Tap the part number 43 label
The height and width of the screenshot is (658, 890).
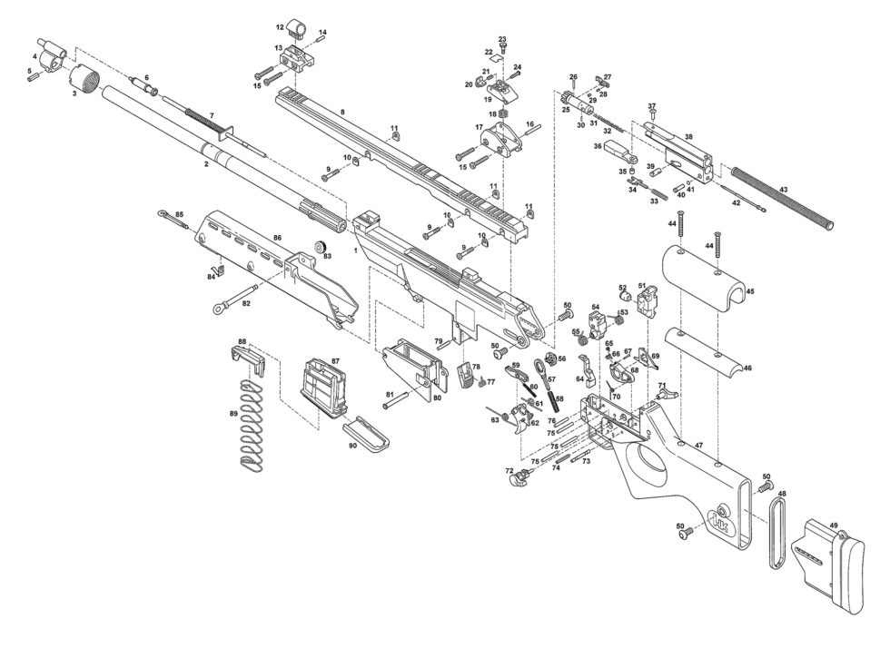pyautogui.click(x=783, y=190)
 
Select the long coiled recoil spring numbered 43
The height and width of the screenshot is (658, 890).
pyautogui.click(x=783, y=199)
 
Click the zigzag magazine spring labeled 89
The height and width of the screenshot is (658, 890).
pyautogui.click(x=250, y=424)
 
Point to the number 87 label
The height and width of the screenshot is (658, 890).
pyautogui.click(x=335, y=361)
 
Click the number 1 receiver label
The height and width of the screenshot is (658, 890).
pyautogui.click(x=355, y=250)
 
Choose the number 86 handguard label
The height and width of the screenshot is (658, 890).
pyautogui.click(x=277, y=238)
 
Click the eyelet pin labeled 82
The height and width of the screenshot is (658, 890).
pyautogui.click(x=234, y=299)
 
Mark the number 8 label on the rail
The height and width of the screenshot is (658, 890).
pyautogui.click(x=342, y=113)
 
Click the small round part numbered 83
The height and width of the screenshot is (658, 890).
pyautogui.click(x=321, y=246)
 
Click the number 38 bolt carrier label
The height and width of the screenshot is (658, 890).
pyautogui.click(x=688, y=137)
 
